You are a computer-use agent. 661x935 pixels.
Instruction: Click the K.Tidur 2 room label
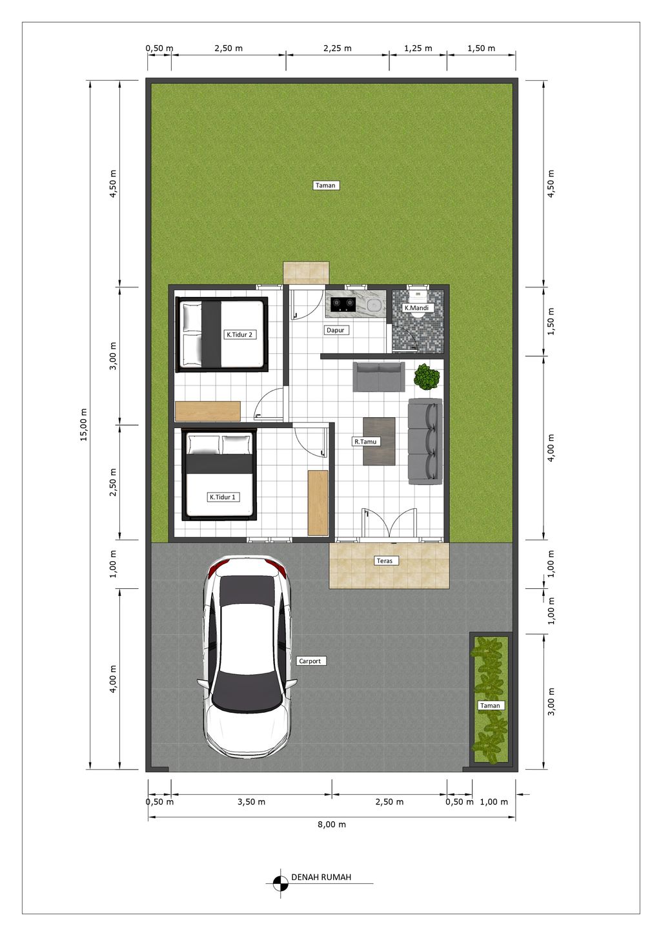point(239,334)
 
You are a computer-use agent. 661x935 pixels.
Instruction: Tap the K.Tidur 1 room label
point(223,497)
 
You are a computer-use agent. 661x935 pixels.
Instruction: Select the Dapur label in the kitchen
point(336,330)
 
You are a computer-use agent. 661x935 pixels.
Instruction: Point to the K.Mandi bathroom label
point(416,308)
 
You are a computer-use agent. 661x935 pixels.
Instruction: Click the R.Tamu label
point(365,442)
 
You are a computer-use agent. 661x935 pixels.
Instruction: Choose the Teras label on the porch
point(385,560)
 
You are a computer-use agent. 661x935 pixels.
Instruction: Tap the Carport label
point(310,661)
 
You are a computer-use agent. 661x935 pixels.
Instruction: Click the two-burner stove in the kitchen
point(343,304)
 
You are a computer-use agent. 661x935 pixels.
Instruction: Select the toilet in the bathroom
point(418,297)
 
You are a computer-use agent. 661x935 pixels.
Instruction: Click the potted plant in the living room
point(427,376)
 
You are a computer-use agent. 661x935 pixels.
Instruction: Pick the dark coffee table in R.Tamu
point(379,441)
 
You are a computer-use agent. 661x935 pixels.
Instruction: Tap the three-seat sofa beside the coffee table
point(425,441)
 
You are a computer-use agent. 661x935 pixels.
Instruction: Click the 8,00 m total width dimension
point(332,825)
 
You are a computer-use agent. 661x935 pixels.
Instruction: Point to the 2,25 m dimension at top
point(338,48)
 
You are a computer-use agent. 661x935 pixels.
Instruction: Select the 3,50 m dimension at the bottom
point(251,802)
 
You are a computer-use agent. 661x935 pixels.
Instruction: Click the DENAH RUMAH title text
point(321,878)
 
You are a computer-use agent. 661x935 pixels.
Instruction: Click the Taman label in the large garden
point(325,185)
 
